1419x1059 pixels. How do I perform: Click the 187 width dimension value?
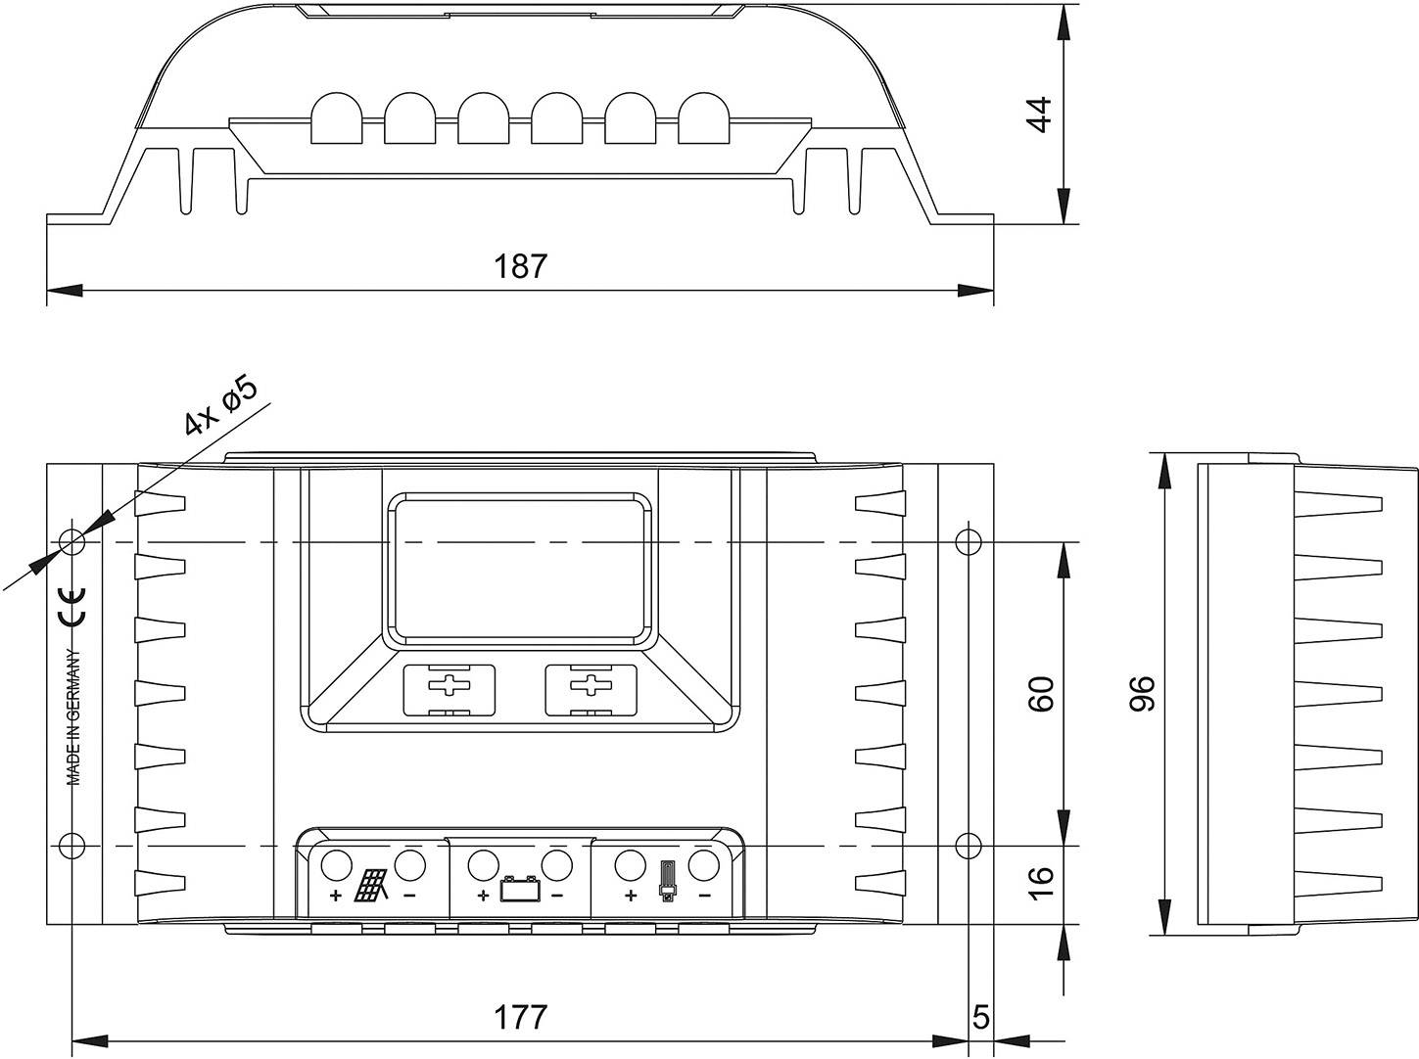[x=520, y=266]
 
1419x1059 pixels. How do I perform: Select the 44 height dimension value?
[x=1039, y=115]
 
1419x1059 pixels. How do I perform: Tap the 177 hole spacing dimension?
[x=520, y=1017]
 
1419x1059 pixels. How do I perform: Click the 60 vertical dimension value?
[x=1041, y=693]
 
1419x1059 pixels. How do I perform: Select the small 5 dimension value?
[x=981, y=1017]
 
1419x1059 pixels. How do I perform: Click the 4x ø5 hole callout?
[x=219, y=405]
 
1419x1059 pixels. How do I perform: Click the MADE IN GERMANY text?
[x=73, y=716]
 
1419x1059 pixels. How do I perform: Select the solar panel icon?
[x=371, y=886]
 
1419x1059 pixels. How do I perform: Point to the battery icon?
[x=519, y=890]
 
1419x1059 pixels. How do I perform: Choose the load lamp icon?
[x=668, y=882]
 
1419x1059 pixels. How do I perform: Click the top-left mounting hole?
[x=72, y=541]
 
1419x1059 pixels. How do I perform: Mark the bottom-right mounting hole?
[x=967, y=845]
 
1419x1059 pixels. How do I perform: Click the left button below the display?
[x=449, y=689]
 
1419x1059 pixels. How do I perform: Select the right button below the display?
[x=591, y=689]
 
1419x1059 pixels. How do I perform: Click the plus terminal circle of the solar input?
[x=336, y=865]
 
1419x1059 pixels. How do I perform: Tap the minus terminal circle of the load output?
[x=703, y=865]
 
